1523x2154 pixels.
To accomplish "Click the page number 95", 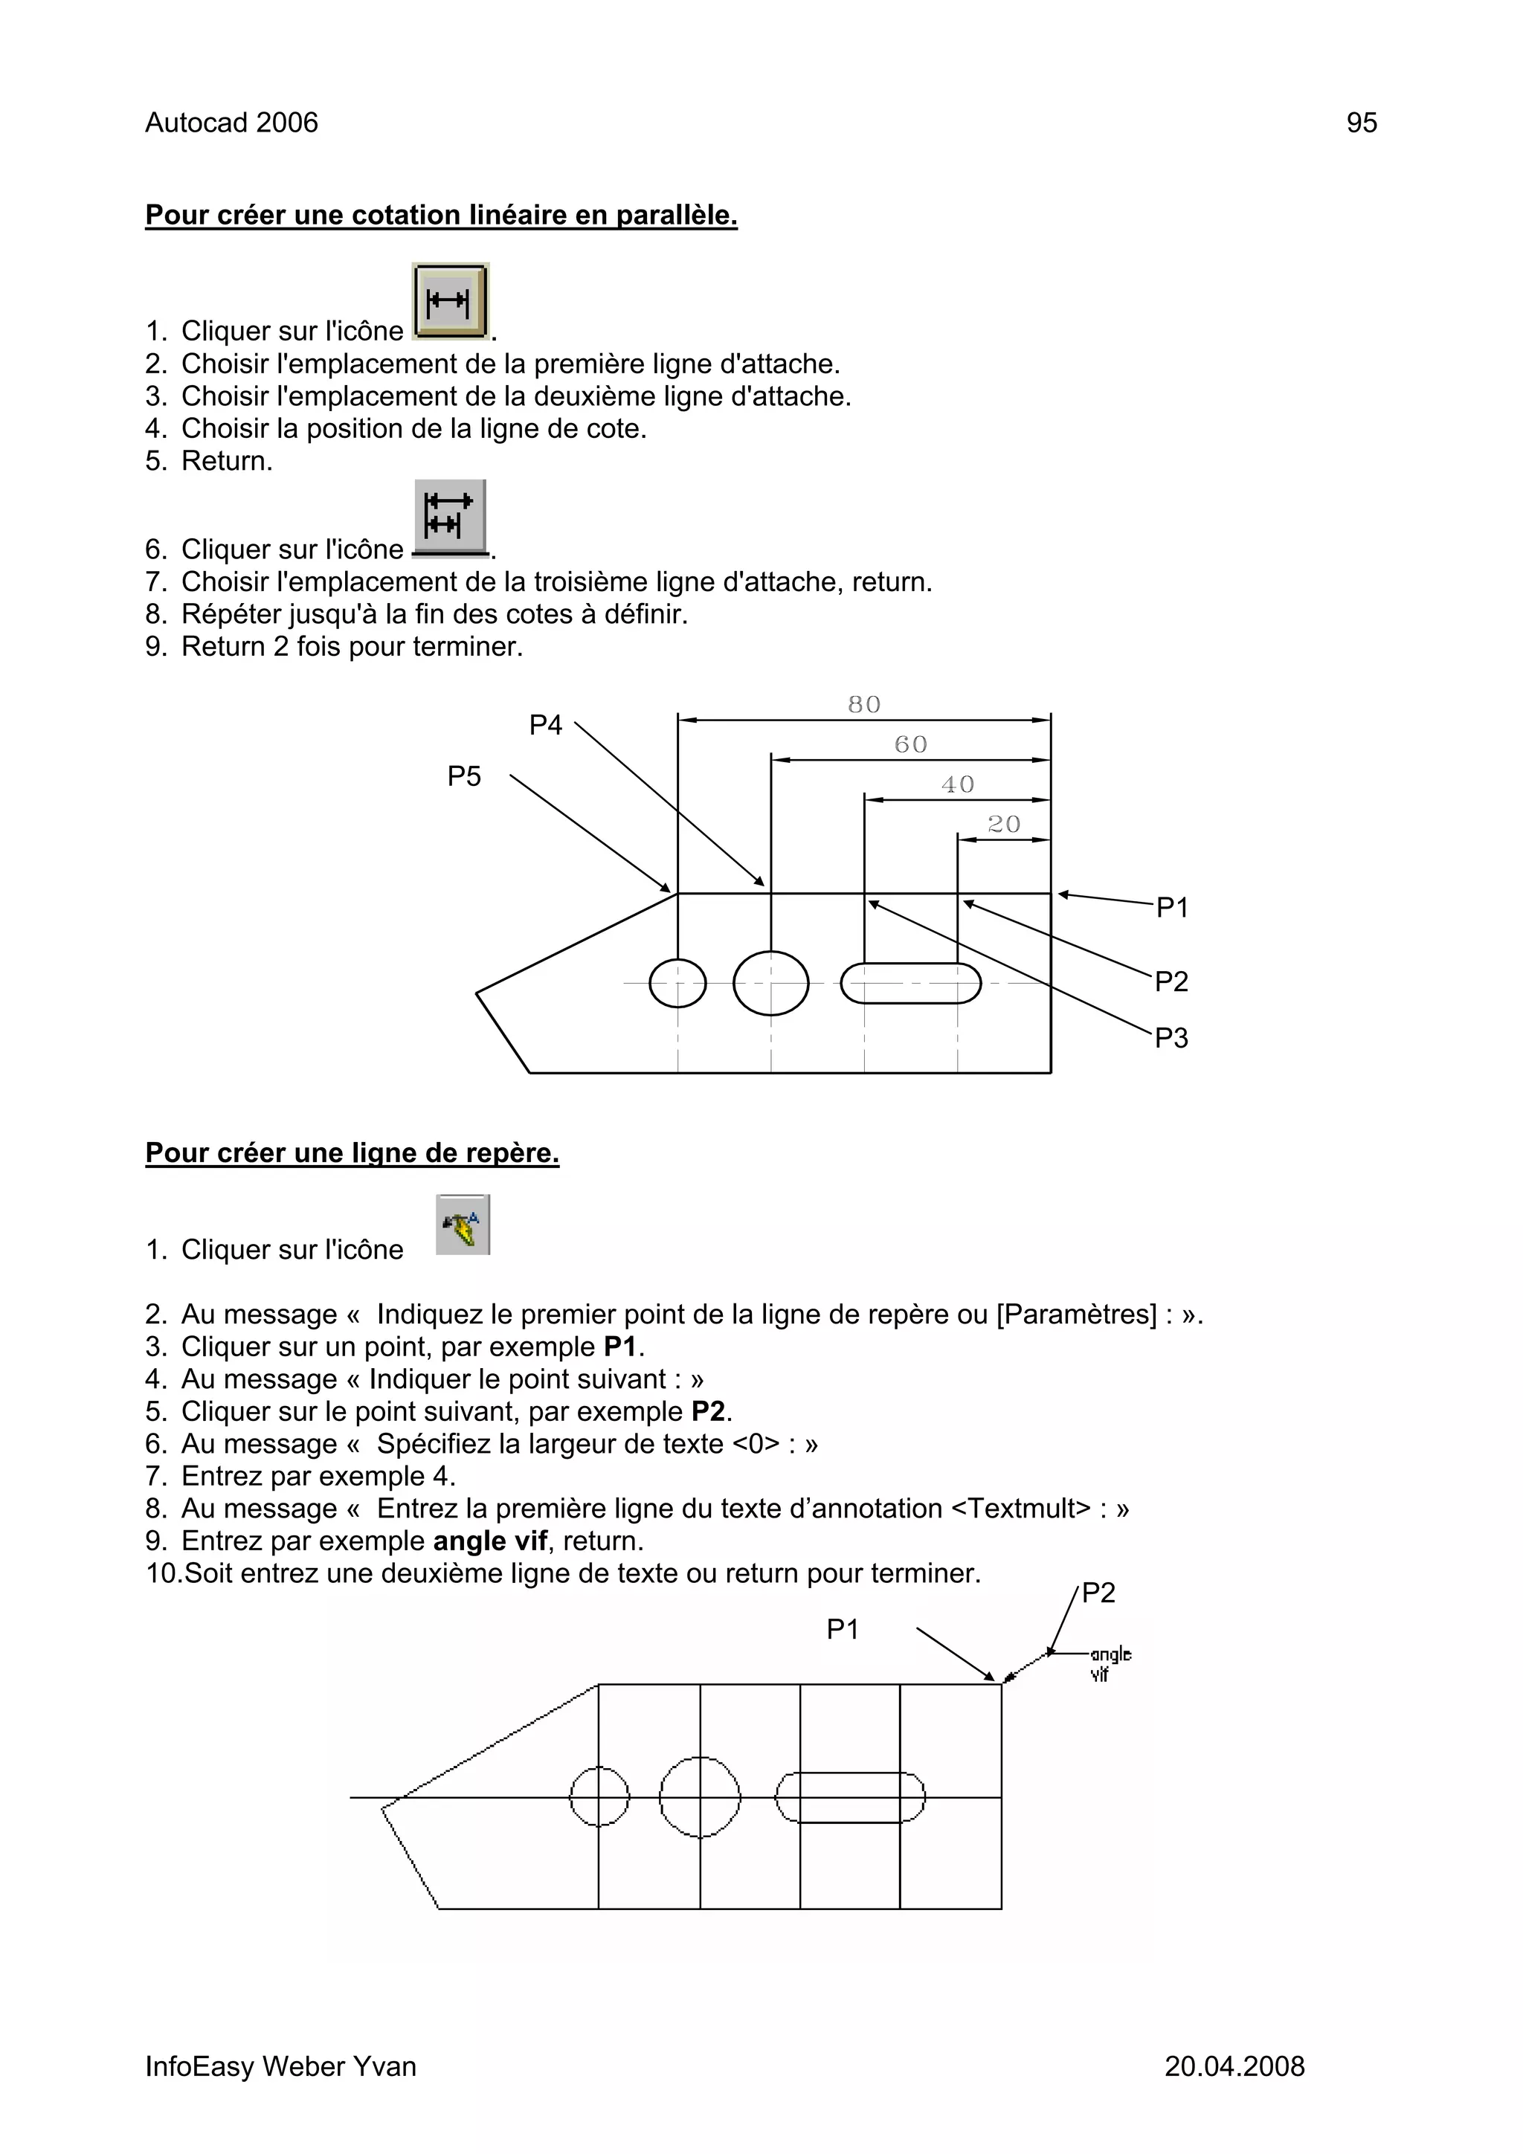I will coord(1361,123).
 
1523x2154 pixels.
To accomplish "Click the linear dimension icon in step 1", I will coord(451,301).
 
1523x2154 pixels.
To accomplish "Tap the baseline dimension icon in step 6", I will coord(451,516).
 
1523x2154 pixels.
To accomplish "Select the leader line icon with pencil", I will coord(463,1225).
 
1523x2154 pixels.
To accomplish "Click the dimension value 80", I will coord(863,705).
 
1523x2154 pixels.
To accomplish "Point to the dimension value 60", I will coord(910,745).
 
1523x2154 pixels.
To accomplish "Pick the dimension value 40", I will coord(957,784).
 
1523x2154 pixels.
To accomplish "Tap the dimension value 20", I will coord(1003,825).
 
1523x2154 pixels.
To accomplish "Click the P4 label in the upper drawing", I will coord(545,725).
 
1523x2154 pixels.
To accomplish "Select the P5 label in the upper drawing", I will coord(463,777).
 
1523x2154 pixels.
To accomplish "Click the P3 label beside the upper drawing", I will coord(1171,1039).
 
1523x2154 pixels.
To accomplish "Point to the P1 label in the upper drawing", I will coord(1172,908).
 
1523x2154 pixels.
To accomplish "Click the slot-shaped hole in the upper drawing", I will coord(910,983).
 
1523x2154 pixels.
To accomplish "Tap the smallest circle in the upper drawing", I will coord(677,983).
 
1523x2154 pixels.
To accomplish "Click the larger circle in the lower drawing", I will coord(700,1798).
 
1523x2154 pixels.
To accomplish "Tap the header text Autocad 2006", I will coord(232,123).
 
